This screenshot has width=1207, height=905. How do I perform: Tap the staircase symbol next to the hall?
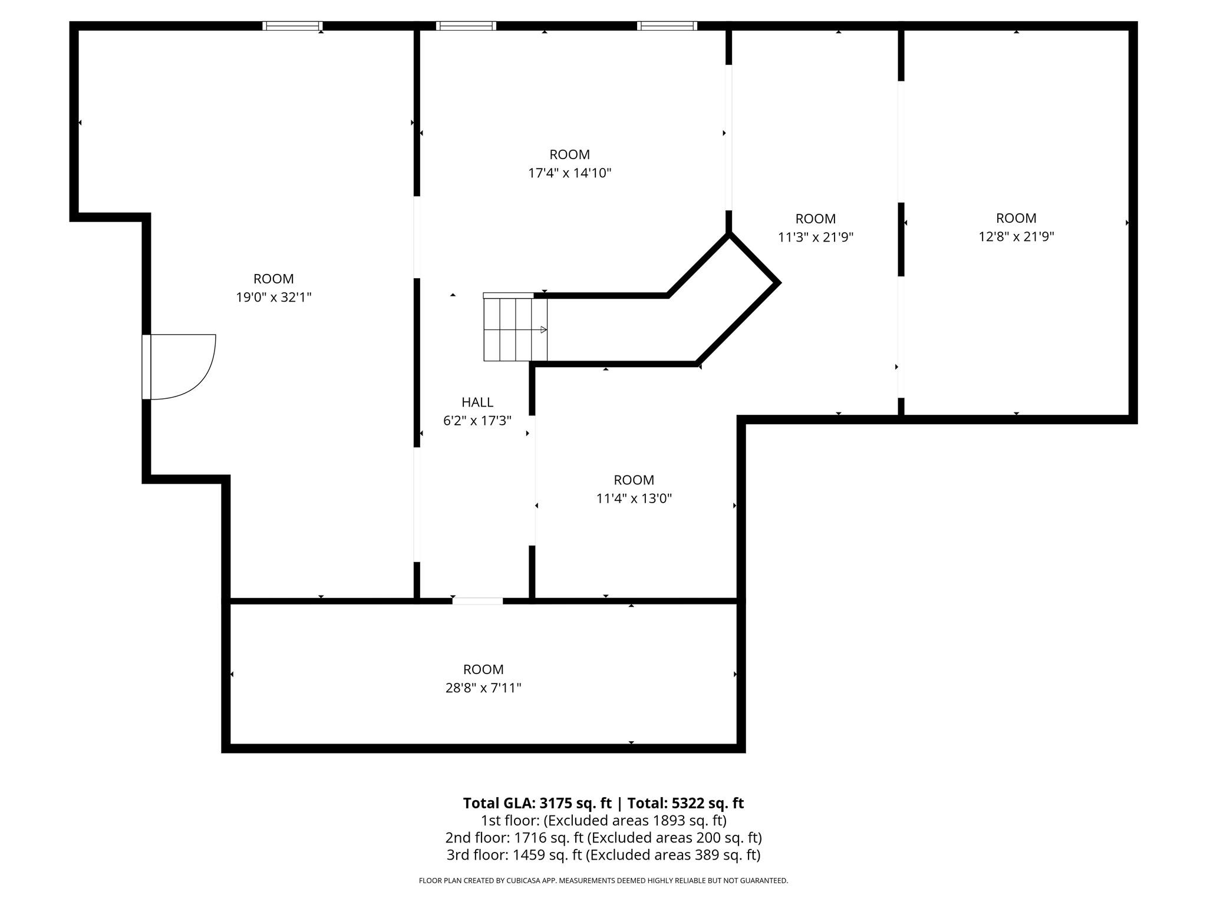[515, 329]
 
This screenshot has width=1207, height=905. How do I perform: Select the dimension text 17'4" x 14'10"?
[569, 173]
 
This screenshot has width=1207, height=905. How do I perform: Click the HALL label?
[477, 402]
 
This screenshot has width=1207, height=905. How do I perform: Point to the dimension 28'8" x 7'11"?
[483, 688]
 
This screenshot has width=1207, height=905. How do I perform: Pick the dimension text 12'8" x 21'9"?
[1016, 237]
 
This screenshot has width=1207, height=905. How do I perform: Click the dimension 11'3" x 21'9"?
[816, 237]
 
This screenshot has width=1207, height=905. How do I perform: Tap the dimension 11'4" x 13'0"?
[634, 498]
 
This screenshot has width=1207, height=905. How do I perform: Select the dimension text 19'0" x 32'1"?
[273, 298]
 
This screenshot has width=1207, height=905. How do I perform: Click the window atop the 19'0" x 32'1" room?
[292, 26]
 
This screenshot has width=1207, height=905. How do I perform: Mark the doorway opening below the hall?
[477, 601]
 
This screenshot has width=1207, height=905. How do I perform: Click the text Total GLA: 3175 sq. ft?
[537, 803]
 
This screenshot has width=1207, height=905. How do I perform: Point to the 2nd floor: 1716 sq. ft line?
[603, 837]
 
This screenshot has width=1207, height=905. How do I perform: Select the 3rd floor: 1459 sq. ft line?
[603, 854]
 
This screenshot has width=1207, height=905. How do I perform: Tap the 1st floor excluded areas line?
[603, 820]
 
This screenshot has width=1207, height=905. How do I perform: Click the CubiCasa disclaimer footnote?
[603, 880]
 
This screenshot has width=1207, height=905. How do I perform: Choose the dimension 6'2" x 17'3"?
[477, 421]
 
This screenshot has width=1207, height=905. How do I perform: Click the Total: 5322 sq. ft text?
[685, 803]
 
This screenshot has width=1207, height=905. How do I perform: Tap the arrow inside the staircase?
[543, 330]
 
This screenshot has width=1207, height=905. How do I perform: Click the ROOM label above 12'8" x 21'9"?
[1016, 218]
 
